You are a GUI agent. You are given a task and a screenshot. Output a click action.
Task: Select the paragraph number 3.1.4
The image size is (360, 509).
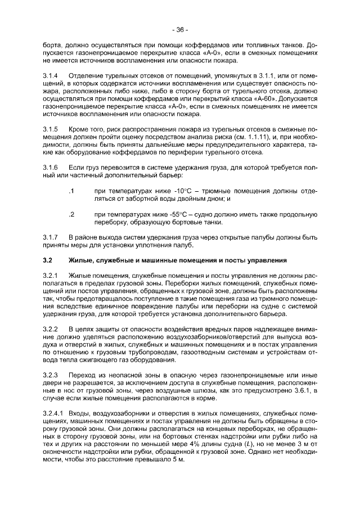coord(51,75)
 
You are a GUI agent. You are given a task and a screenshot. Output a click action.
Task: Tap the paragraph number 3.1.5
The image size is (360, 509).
coord(51,129)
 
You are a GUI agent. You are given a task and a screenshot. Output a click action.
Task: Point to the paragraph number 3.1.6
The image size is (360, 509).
coord(51,168)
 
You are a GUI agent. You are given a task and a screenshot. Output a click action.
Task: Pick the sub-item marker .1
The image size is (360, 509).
coord(70,191)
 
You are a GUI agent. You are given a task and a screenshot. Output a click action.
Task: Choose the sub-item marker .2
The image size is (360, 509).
coord(70,215)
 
